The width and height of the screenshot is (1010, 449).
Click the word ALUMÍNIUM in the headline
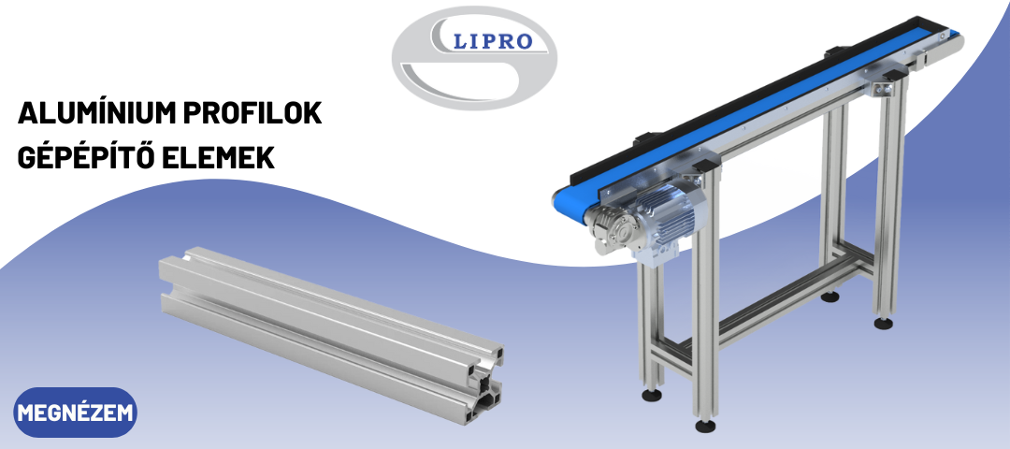(x=96, y=113)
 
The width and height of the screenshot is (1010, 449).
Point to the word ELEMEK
(x=218, y=158)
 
